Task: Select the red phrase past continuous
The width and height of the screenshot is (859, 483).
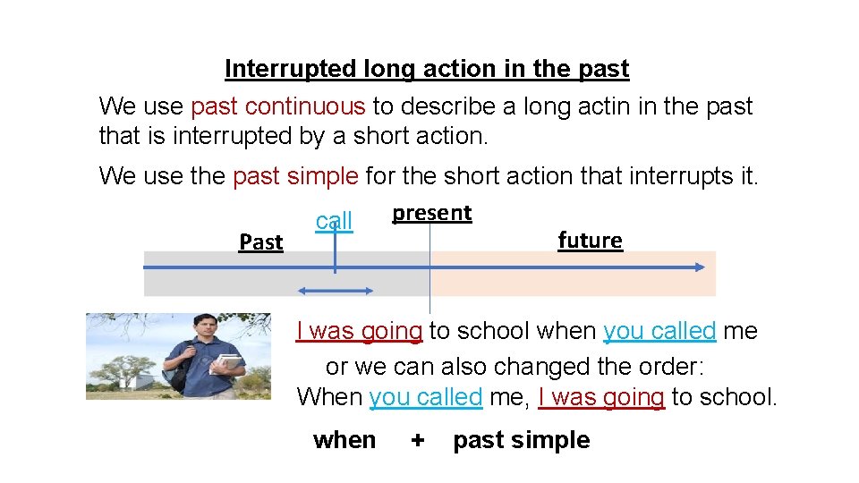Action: [x=277, y=106]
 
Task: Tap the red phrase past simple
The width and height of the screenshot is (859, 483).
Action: [x=295, y=176]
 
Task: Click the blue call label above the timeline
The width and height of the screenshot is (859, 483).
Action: [x=335, y=221]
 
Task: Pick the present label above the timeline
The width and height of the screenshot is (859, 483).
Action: [x=431, y=213]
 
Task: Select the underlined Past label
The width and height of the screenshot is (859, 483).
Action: [x=260, y=242]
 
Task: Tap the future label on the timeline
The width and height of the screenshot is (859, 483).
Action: [x=590, y=241]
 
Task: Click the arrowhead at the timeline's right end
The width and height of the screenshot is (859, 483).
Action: [x=698, y=267]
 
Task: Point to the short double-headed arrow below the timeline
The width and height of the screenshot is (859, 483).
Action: [x=336, y=290]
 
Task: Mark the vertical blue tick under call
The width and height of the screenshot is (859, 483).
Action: [x=335, y=255]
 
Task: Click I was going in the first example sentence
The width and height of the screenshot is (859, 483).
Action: [x=359, y=331]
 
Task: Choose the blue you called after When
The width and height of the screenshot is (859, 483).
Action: [x=425, y=397]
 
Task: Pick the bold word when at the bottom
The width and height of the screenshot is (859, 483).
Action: [x=344, y=440]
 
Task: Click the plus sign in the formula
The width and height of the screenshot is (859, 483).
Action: [x=416, y=440]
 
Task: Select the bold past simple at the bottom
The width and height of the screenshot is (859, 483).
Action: [x=521, y=440]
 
